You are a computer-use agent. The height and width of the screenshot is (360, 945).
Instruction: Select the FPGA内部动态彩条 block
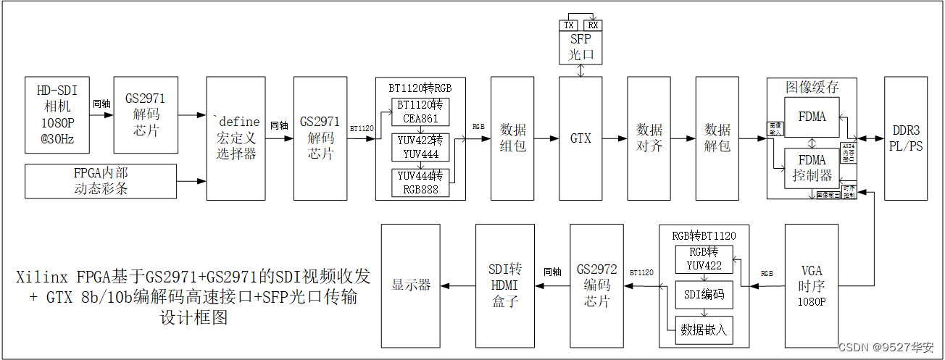pos(101,181)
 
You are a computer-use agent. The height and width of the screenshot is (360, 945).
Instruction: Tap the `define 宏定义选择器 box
pos(236,138)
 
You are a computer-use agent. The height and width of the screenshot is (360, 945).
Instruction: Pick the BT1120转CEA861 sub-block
pos(420,112)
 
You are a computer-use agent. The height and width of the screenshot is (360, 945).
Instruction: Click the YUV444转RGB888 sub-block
pos(420,182)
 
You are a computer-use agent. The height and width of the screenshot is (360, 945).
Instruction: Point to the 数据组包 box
pos(512,138)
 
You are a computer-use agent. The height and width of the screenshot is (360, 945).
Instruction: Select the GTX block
pos(580,138)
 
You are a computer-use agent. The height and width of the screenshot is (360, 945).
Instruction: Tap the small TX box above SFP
pos(569,25)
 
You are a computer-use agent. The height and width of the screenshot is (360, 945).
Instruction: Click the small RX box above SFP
pos(592,25)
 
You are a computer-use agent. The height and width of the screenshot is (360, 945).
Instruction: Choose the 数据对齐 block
pos(649,138)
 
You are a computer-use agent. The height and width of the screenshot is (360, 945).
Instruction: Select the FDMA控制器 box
pos(812,168)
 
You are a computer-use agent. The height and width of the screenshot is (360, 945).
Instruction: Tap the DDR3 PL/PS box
pos(905,138)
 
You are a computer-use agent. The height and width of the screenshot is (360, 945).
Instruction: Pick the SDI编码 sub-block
pos(704,295)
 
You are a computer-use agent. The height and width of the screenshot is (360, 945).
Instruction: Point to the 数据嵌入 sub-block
pos(704,330)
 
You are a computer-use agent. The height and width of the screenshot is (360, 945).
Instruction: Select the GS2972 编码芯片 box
pos(596,285)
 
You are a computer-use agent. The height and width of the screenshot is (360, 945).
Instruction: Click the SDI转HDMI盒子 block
pos(504,285)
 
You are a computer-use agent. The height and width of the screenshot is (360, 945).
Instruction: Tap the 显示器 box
pos(410,285)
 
